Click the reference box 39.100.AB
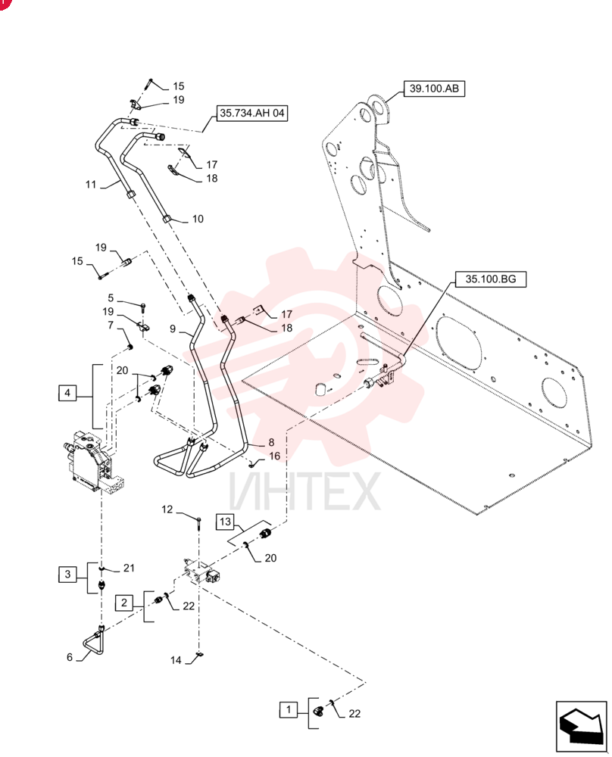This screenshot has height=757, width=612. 434,89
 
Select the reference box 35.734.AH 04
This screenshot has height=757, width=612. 251,114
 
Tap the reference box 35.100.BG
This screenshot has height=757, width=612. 490,279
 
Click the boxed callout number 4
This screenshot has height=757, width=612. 67,393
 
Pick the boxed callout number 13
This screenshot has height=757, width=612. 225,522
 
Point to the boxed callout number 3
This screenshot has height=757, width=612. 67,574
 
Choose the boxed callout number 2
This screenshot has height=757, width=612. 124,603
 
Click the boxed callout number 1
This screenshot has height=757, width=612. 289,710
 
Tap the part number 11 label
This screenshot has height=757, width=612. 91,185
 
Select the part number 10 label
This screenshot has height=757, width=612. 198,220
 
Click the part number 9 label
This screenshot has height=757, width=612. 173,329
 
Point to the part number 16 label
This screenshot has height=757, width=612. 274,456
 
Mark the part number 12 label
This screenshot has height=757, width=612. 167,509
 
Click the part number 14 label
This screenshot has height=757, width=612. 176,660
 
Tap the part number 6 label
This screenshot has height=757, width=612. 70,657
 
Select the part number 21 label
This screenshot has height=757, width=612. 129,568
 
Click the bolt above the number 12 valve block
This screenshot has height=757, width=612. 198,522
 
